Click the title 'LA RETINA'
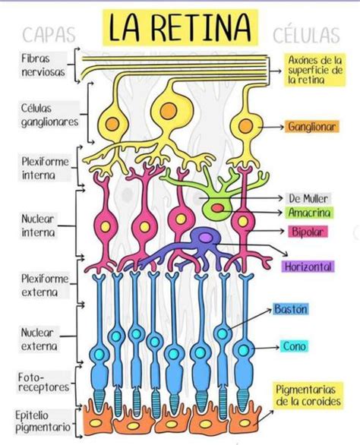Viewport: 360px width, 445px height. point(179,28)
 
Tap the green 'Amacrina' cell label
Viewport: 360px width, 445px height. point(308,213)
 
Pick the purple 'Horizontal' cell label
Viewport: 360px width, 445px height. point(308,267)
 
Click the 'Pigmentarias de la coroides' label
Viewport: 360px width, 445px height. point(308,395)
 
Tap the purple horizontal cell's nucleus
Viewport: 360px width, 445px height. point(204,238)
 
